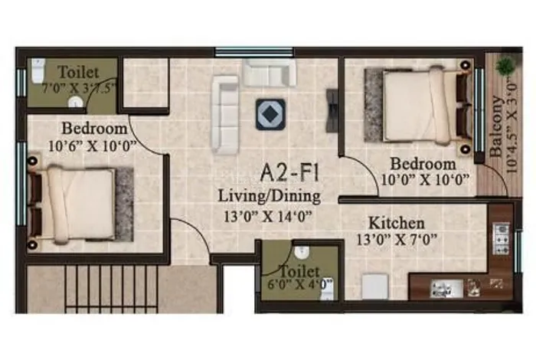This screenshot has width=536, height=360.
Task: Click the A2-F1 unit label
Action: pos(290,172)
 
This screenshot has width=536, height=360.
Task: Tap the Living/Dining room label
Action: pos(270,197)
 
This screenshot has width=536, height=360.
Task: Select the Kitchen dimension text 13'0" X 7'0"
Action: pos(397,240)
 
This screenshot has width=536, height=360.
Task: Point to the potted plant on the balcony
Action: pos(505,66)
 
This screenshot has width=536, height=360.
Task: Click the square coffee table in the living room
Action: pos(271,114)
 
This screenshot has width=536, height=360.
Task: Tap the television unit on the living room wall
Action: pos(332,110)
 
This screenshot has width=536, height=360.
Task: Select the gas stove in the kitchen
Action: pos(501,238)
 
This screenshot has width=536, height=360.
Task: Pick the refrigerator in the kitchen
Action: pos(375,286)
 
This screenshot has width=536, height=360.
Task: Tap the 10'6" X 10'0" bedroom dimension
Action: pos(93,146)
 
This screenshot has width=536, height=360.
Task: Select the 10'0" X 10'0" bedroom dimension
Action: pos(424,180)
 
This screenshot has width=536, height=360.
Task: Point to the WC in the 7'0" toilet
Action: pos(38,70)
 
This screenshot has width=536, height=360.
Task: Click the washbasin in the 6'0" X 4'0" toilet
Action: pos(302,252)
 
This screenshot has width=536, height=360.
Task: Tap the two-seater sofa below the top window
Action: pos(270,73)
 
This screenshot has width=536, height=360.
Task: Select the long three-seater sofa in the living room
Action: pos(224,115)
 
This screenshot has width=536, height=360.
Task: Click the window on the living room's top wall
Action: pos(254,52)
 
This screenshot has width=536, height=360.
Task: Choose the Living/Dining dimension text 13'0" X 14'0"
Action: pos(268,217)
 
